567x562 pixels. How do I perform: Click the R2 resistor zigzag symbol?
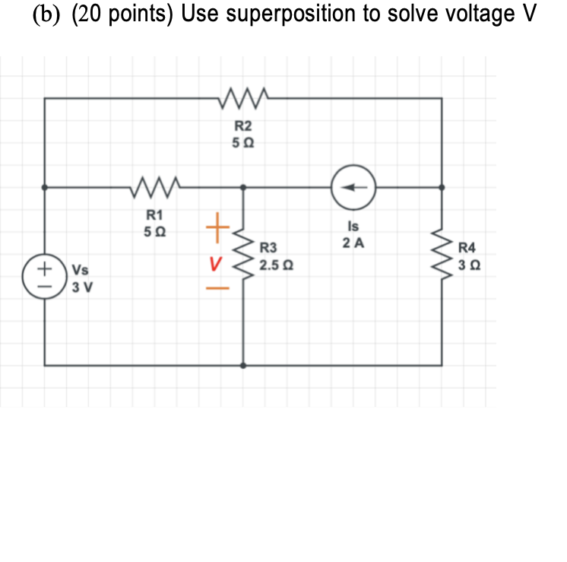coord(242,97)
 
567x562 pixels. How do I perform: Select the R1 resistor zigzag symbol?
coord(155,186)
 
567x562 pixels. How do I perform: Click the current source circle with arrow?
coord(353,186)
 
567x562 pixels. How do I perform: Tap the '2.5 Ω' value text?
coord(276,266)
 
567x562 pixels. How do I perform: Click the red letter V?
coord(215,265)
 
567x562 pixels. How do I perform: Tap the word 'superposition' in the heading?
coord(293,14)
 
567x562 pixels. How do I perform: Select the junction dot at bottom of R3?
coord(243,365)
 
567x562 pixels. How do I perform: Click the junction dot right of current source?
coord(443,186)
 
